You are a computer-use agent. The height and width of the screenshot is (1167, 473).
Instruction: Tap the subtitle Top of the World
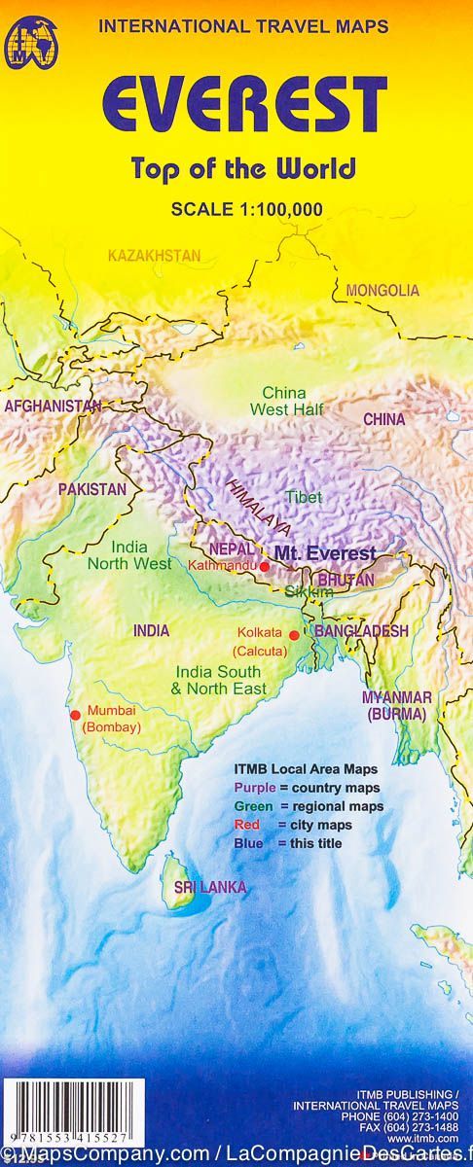coord(244,167)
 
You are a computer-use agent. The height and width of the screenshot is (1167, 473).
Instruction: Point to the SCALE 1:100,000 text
coord(246,207)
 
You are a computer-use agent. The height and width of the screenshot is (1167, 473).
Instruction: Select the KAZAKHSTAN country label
coord(154,256)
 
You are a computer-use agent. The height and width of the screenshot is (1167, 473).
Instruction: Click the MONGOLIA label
coord(382,290)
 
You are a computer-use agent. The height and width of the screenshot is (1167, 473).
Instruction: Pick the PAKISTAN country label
coord(91,489)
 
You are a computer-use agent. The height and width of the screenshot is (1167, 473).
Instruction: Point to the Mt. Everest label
coord(324,553)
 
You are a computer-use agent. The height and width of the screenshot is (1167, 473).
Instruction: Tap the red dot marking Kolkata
coord(294,635)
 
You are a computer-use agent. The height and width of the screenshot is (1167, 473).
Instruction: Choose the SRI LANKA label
coord(210,887)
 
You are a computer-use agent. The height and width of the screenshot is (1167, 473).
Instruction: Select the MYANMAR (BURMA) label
coord(396,705)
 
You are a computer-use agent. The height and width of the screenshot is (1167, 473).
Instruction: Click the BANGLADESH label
coord(360,631)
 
